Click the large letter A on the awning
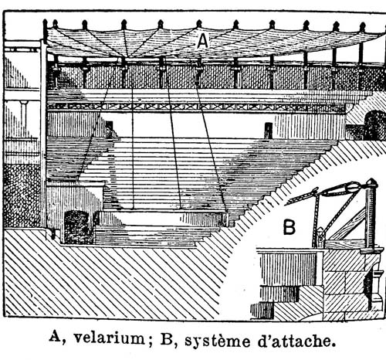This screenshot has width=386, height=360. click(x=202, y=41)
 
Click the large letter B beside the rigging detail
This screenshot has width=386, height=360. click(x=289, y=226)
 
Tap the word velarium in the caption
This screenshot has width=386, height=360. click(x=110, y=338)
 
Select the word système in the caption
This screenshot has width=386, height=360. click(x=217, y=339)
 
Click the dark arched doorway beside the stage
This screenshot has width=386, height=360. click(x=77, y=227)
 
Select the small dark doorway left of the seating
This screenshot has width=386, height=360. click(x=109, y=129)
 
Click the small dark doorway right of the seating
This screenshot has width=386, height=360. click(x=269, y=131)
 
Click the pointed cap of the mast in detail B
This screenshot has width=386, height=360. click(x=372, y=182)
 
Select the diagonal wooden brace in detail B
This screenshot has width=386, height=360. click(x=348, y=225)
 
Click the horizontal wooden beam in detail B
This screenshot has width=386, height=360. click(x=344, y=244)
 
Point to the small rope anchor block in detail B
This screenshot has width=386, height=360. click(x=320, y=236)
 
